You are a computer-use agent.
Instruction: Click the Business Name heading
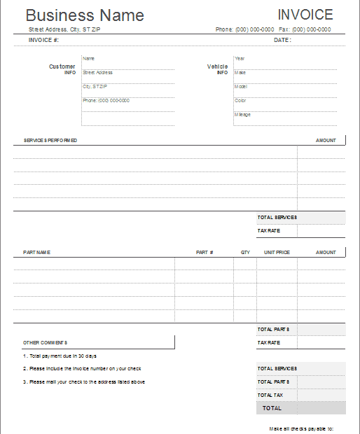85,15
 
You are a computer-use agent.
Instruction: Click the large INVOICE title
305,15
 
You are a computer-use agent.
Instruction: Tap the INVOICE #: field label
43,41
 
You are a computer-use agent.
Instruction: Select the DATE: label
282,41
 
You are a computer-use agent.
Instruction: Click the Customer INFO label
62,69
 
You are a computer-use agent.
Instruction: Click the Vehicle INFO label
217,69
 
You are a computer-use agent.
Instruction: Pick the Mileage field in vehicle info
242,114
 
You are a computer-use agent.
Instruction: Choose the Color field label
240,100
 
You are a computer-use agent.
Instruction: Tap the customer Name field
88,58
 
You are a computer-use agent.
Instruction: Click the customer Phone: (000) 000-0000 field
106,100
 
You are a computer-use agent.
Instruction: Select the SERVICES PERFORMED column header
50,141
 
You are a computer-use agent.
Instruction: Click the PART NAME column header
36,252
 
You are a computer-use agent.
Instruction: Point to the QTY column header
245,252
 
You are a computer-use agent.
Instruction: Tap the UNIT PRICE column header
277,252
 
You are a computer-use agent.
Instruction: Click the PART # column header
205,252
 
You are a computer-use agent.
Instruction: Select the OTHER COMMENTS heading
45,342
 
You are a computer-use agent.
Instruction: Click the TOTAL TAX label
270,395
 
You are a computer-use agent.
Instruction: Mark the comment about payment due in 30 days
60,356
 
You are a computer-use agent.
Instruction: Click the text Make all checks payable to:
300,428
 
